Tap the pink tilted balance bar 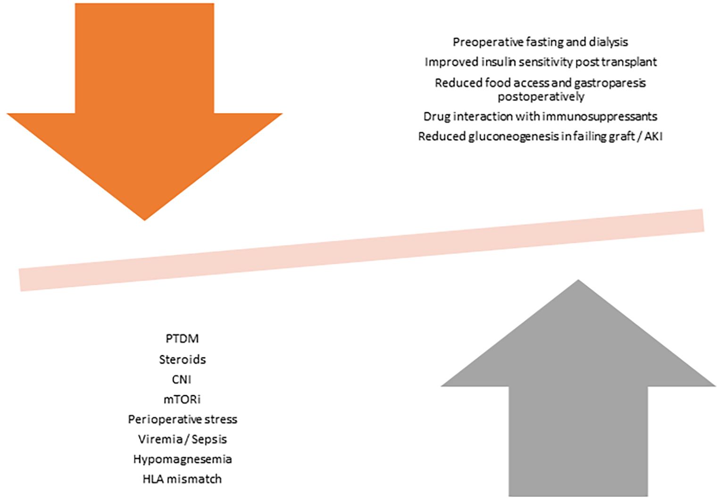(x=361, y=250)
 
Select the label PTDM (x=182, y=339)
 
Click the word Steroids (x=182, y=359)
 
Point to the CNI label (x=182, y=379)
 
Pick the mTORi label (x=182, y=399)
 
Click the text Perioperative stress (x=182, y=419)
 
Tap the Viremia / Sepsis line (x=182, y=439)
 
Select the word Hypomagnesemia (x=182, y=459)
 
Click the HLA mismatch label (x=182, y=479)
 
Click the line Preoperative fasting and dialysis (x=540, y=42)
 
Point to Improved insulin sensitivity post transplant (x=540, y=62)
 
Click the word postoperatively (x=541, y=96)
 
